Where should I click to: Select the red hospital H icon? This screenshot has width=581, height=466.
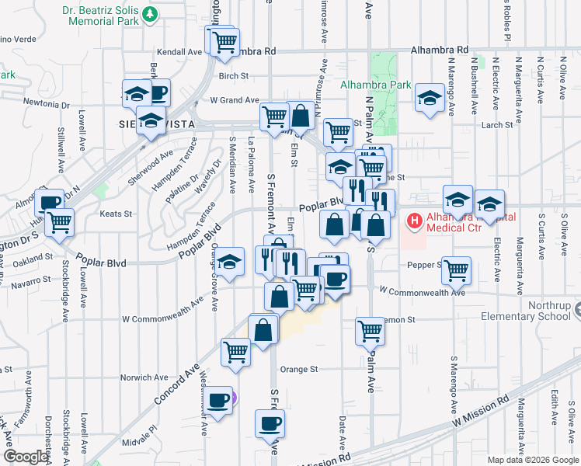point(414,221)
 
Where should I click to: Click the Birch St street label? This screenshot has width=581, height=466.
point(233,76)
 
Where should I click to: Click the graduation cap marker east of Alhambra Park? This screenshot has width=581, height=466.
point(428,97)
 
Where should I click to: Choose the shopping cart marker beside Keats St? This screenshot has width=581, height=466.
point(59,221)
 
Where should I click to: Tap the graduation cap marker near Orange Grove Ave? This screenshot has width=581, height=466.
point(230,261)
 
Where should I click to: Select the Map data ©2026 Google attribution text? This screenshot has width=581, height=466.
point(534,460)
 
